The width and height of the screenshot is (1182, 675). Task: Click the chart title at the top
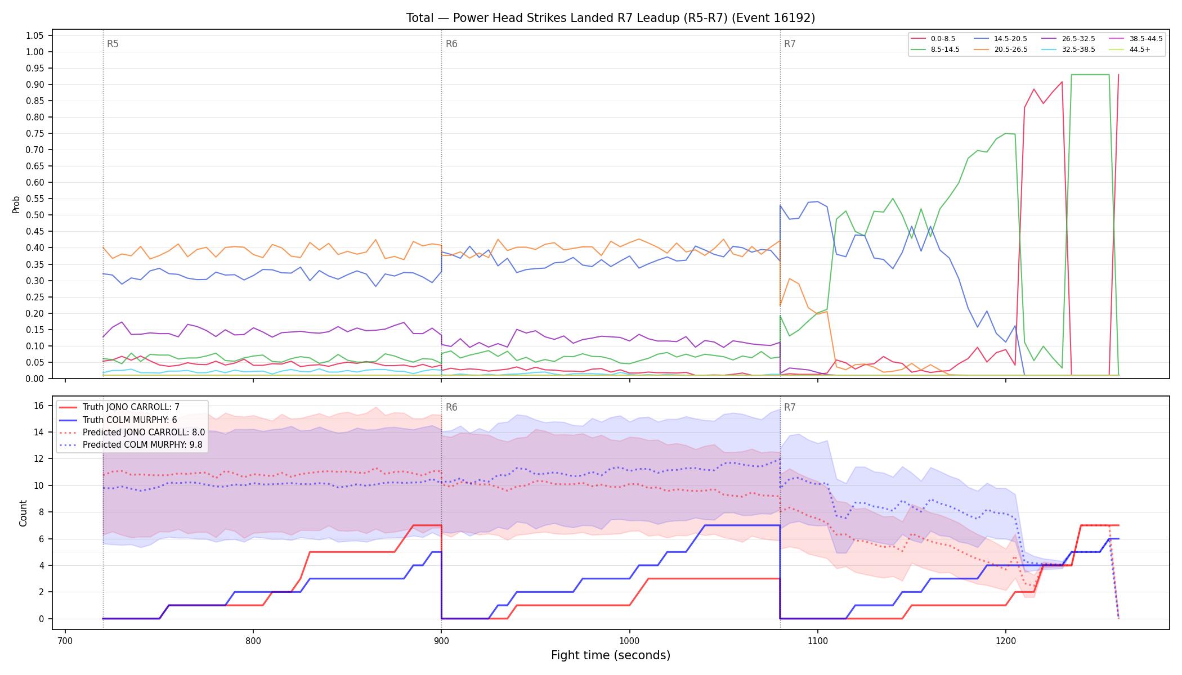[611, 18]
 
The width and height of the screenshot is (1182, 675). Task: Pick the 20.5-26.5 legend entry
[1001, 49]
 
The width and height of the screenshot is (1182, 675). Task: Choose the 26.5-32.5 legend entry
[1068, 39]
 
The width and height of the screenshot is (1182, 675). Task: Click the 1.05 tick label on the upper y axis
[35, 36]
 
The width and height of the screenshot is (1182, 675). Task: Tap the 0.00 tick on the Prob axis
[35, 379]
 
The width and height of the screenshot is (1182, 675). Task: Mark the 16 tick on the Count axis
[39, 406]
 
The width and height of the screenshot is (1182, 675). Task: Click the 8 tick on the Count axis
[42, 512]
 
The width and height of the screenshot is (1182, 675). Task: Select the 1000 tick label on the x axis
[629, 640]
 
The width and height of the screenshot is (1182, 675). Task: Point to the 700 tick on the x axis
[65, 640]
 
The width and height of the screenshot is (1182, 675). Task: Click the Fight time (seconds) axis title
[611, 655]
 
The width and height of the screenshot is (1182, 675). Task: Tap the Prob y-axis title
[16, 204]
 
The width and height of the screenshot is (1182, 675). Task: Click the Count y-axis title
[23, 513]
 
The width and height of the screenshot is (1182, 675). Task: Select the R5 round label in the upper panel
[113, 44]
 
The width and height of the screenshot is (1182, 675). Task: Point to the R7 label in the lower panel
[790, 407]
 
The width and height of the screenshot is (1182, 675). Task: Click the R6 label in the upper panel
[451, 44]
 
